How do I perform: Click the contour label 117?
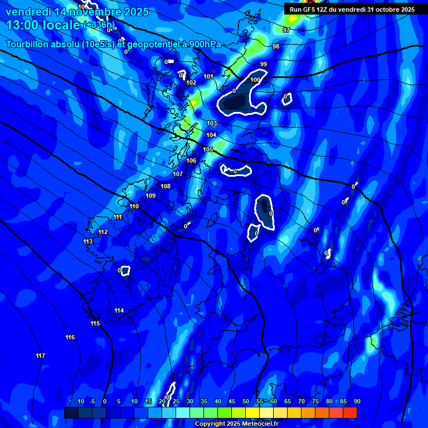click(x=40, y=356)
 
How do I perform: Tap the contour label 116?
click(x=70, y=337)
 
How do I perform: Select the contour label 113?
click(x=87, y=241)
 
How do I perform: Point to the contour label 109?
click(x=150, y=196)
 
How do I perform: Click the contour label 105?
click(x=208, y=149)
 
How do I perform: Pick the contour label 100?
click(x=255, y=80)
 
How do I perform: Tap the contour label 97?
click(x=286, y=30)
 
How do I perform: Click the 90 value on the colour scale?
click(x=357, y=401)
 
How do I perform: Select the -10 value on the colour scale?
click(x=79, y=401)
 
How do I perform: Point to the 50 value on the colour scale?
click(x=246, y=401)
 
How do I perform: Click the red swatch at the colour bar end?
click(x=350, y=412)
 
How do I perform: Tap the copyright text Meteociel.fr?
click(x=236, y=424)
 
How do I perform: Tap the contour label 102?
click(x=191, y=82)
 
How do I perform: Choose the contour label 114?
click(x=119, y=310)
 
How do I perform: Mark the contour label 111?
click(x=118, y=217)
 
